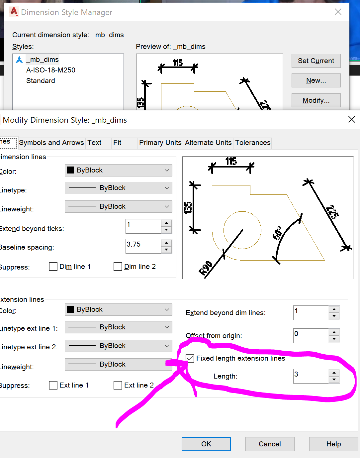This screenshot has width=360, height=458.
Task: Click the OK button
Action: tap(206, 444)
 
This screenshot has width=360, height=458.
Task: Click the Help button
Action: tap(333, 444)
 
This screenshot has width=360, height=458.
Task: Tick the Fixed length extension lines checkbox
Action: tap(190, 358)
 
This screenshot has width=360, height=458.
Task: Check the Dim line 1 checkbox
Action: tap(53, 267)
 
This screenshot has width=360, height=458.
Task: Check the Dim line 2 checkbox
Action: tap(118, 267)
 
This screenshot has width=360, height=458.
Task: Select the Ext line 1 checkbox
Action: tap(53, 385)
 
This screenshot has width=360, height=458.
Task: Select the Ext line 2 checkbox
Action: tap(118, 385)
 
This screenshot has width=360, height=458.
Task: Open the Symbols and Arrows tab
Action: tap(51, 143)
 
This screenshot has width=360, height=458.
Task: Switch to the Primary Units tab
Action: tap(160, 143)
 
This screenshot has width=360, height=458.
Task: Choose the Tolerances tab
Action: tap(253, 143)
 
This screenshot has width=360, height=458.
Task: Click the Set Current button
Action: tap(316, 61)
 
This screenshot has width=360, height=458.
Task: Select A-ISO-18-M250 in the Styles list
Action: tap(51, 70)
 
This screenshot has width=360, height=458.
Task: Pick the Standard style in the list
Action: tap(41, 81)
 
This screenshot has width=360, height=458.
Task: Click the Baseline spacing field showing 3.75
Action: tap(143, 246)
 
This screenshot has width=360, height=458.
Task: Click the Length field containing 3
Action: tap(311, 376)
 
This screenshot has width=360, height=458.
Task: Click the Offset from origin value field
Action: tap(311, 335)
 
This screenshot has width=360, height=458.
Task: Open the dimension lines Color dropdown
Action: tap(118, 170)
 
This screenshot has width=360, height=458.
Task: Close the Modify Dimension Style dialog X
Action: tap(351, 119)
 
